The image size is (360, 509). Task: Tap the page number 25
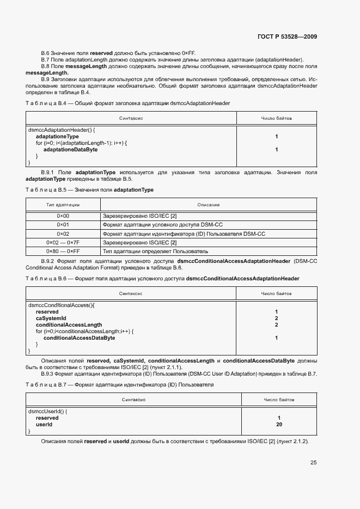pyautogui.click(x=313, y=463)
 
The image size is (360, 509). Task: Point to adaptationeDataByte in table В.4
pyautogui.click(x=70, y=149)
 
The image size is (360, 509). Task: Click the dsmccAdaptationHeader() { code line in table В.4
pyautogui.click(x=62, y=130)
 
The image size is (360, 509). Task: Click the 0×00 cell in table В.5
pyautogui.click(x=63, y=216)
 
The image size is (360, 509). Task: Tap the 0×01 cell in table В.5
pyautogui.click(x=63, y=225)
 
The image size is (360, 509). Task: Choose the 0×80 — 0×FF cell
pyautogui.click(x=63, y=252)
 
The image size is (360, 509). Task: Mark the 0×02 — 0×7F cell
pyautogui.click(x=63, y=242)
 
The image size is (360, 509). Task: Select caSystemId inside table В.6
pyautogui.click(x=51, y=318)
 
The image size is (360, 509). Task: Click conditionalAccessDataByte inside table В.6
pyautogui.click(x=79, y=338)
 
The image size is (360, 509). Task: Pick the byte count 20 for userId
pyautogui.click(x=278, y=424)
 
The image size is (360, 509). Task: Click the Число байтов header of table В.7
pyautogui.click(x=278, y=400)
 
